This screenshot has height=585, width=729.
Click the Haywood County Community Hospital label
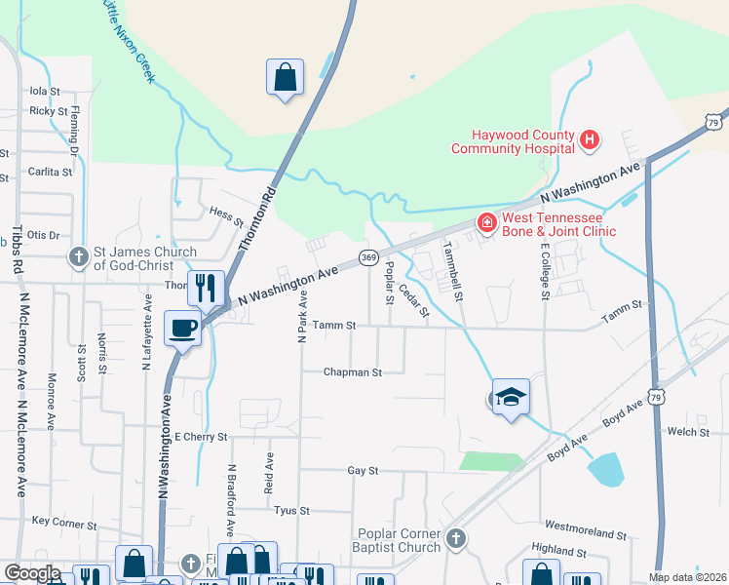pyautogui.click(x=511, y=142)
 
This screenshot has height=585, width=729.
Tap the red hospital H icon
pyautogui.click(x=589, y=141)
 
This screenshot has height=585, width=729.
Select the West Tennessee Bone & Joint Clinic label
pyautogui.click(x=558, y=225)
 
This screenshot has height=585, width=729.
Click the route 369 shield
pyautogui.click(x=368, y=257)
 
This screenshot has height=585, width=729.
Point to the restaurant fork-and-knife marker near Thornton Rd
pyautogui.click(x=206, y=287)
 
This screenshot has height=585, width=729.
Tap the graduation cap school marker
pyautogui.click(x=511, y=396)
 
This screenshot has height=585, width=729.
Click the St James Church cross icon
pyautogui.click(x=79, y=256)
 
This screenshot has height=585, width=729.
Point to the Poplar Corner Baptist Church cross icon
pyautogui.click(x=455, y=538)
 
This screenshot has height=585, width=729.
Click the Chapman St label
pyautogui.click(x=351, y=371)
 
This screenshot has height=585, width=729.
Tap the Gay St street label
pyautogui.click(x=363, y=470)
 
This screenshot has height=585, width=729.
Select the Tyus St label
pyautogui.click(x=291, y=510)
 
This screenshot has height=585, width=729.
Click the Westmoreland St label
pyautogui.click(x=586, y=533)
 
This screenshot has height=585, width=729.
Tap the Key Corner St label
pyautogui.click(x=63, y=522)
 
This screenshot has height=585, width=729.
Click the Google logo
pyautogui.click(x=31, y=573)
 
